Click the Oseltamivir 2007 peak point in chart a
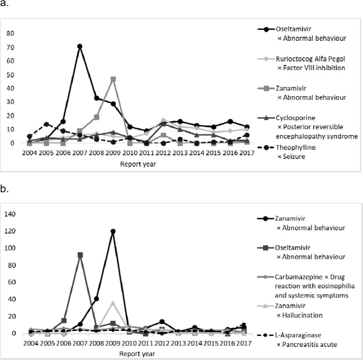click(80, 47)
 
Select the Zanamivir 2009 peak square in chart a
click(113, 79)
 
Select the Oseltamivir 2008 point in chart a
click(97, 98)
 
